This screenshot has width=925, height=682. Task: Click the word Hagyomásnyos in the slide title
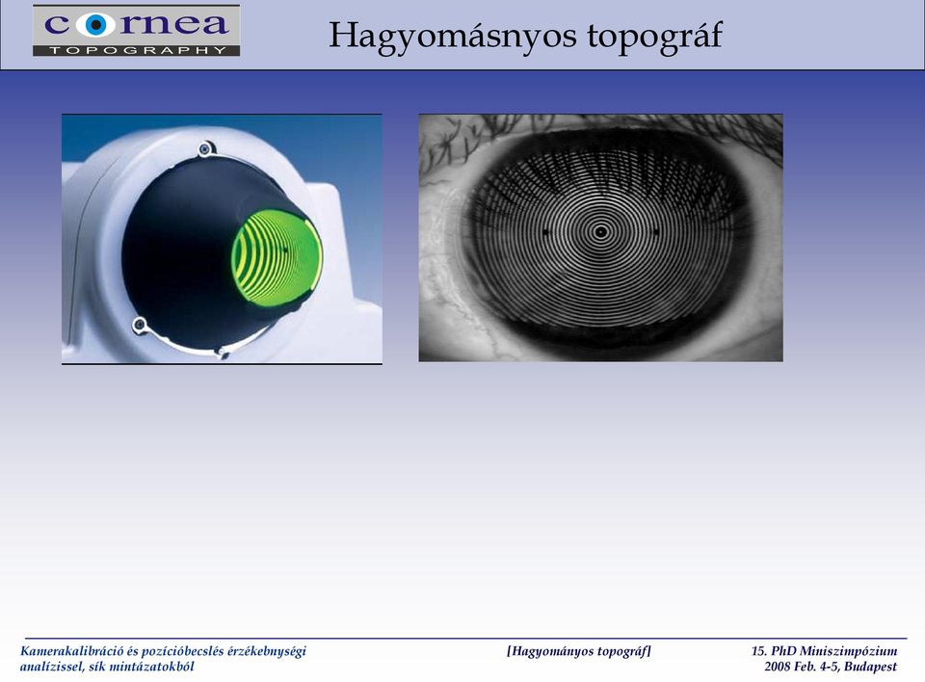click(x=452, y=37)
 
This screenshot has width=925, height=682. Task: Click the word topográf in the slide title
click(x=654, y=37)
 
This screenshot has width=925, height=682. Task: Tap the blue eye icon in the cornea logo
click(x=95, y=25)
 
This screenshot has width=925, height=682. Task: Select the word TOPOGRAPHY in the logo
click(x=138, y=51)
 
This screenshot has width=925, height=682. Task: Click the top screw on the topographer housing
click(x=204, y=148)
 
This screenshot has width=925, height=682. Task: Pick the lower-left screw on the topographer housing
click(x=139, y=324)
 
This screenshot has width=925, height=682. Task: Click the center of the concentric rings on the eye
click(x=600, y=232)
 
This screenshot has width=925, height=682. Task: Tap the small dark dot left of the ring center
click(x=545, y=232)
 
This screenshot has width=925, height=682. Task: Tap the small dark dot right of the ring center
click(x=656, y=232)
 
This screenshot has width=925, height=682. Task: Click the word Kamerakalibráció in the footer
click(x=72, y=651)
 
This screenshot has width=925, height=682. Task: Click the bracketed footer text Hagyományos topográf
click(x=579, y=651)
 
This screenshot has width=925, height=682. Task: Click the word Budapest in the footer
click(x=870, y=667)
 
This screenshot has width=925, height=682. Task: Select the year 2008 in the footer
click(x=777, y=667)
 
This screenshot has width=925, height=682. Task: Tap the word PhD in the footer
click(x=783, y=651)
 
